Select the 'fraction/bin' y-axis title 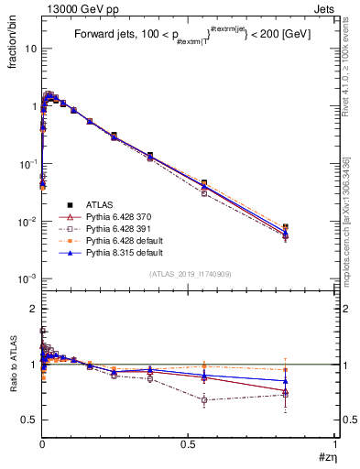[19, 47]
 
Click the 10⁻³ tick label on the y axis [27, 278]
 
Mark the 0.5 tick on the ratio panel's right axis [341, 420]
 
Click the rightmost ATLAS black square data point [311, 226]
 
